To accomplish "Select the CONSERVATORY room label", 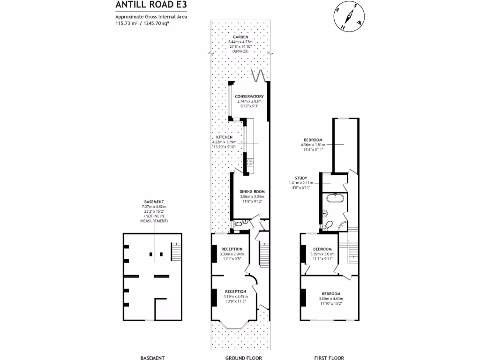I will click(249, 97).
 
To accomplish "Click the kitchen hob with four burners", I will click(250, 163).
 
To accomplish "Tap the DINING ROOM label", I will click(252, 192).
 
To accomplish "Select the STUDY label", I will click(300, 178).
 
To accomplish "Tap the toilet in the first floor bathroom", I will click(330, 225).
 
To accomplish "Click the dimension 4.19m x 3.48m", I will click(235, 296).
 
